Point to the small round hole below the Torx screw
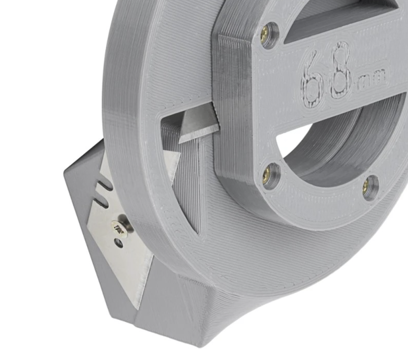(119, 243)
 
